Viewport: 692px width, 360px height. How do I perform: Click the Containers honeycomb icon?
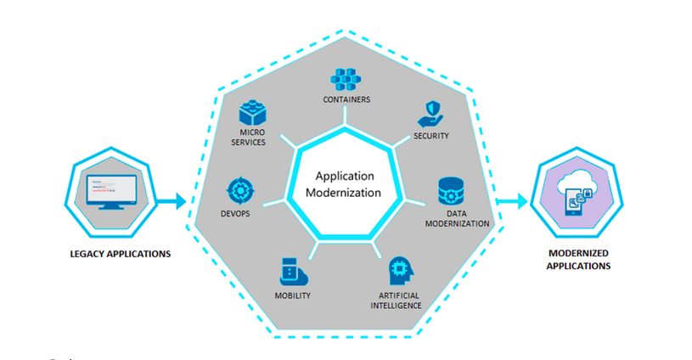pos(345,80)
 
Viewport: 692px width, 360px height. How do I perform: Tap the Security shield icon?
pos(430,115)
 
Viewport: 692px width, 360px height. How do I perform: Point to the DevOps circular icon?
pos(238,189)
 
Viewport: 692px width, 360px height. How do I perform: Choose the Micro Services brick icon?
pos(253,114)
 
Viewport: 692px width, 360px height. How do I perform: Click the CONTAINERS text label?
pos(346,99)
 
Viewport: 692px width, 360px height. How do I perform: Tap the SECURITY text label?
pos(431,136)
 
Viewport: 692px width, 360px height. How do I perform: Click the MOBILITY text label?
pos(292,295)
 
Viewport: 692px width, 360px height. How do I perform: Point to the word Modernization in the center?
pos(345,193)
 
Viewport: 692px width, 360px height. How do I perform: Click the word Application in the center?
pos(345,177)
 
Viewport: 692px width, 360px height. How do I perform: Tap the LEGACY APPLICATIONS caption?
pos(121,253)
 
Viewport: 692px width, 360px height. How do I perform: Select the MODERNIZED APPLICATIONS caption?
pos(579,260)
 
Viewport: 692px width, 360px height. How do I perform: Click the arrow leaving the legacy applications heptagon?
pos(173,202)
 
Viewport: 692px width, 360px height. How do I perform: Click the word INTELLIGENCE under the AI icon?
pos(395,305)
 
